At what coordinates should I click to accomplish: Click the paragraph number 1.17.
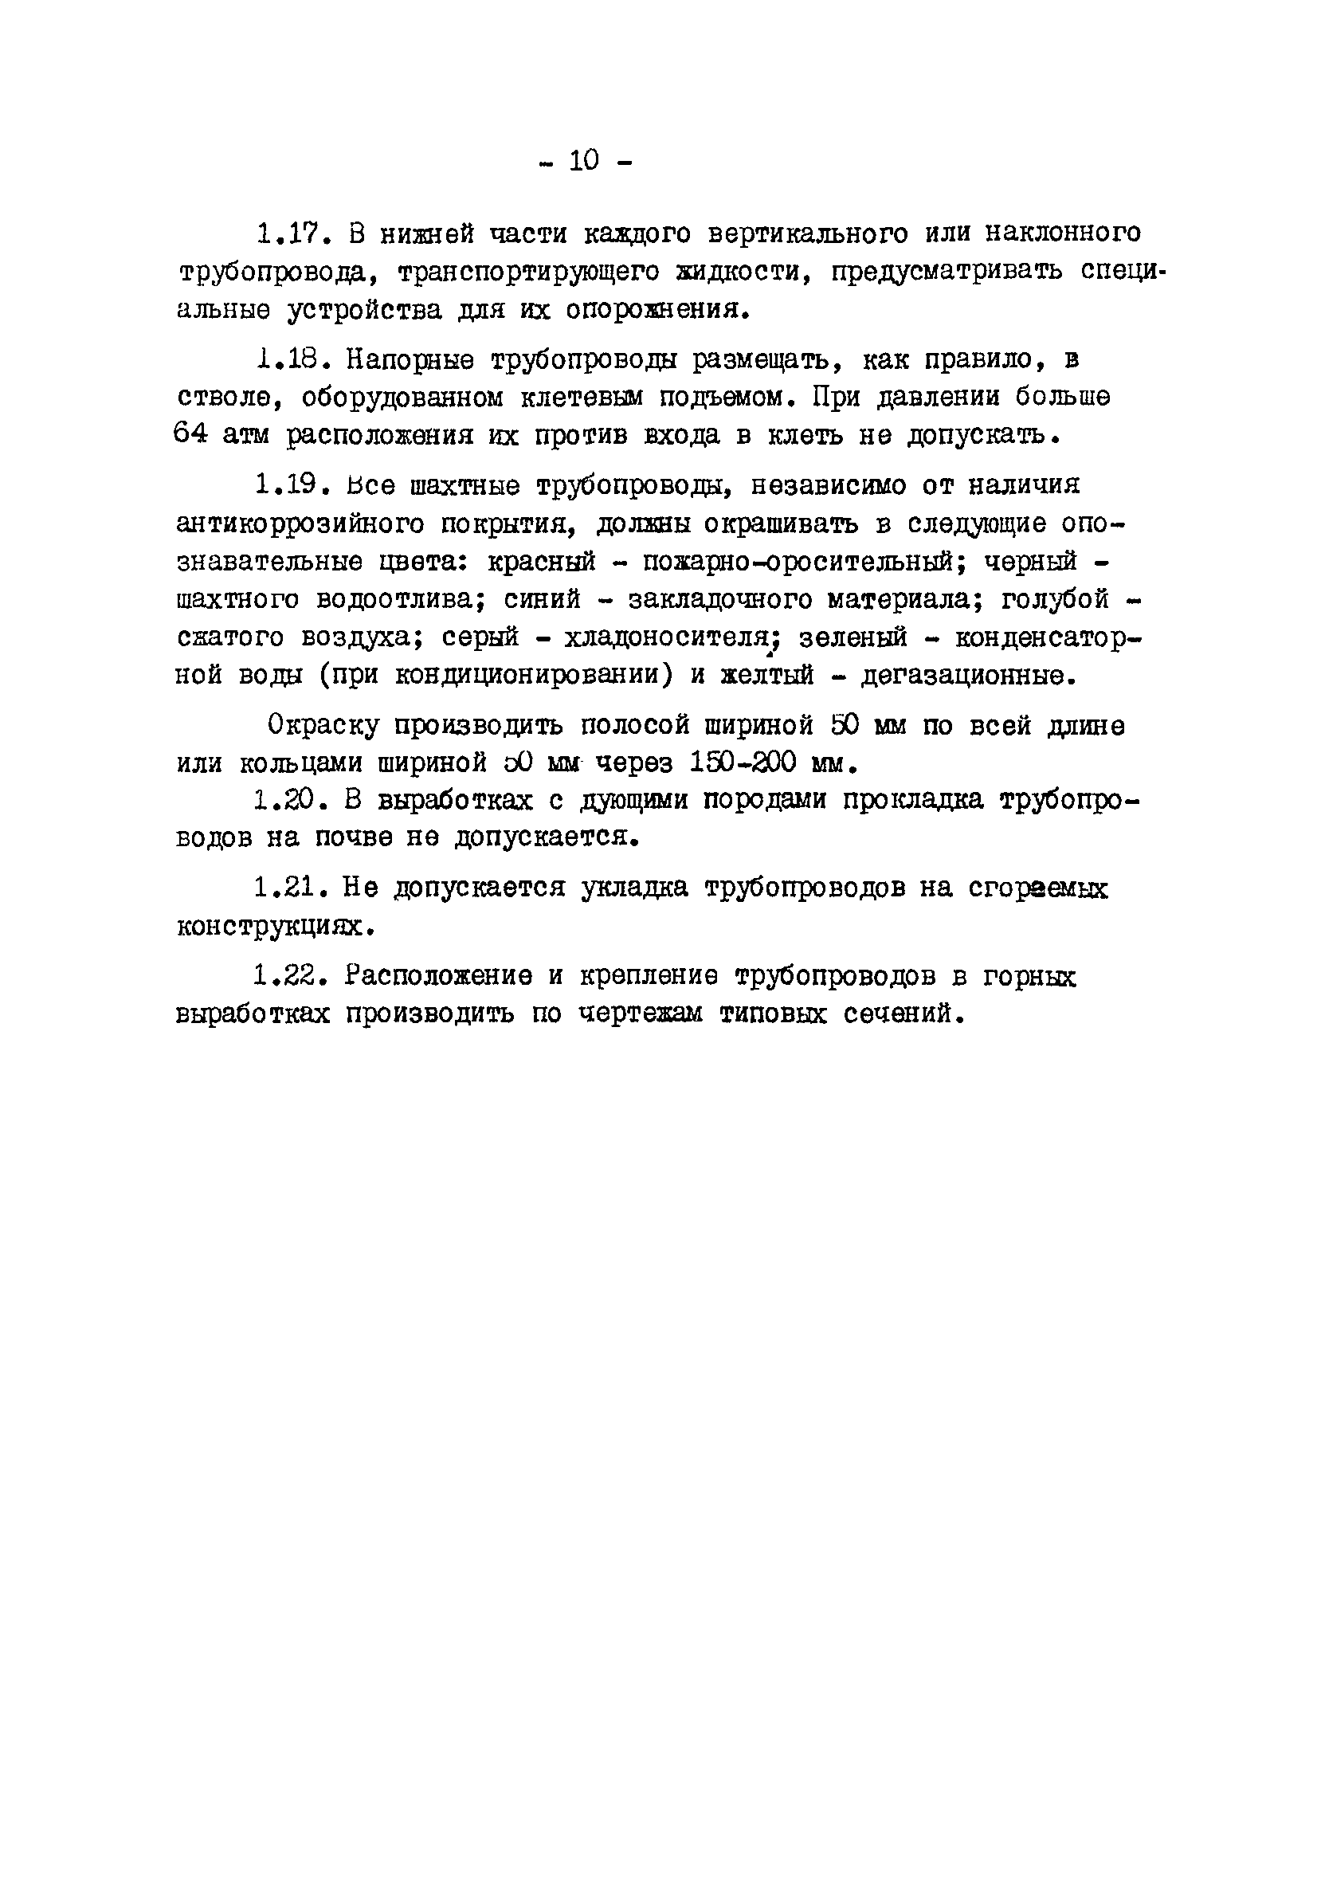[x=290, y=233]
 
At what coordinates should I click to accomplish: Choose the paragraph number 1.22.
[x=287, y=975]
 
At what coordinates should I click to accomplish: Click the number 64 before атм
[x=191, y=434]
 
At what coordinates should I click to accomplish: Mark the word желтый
[x=766, y=676]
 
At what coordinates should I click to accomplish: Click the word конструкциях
[x=269, y=925]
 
